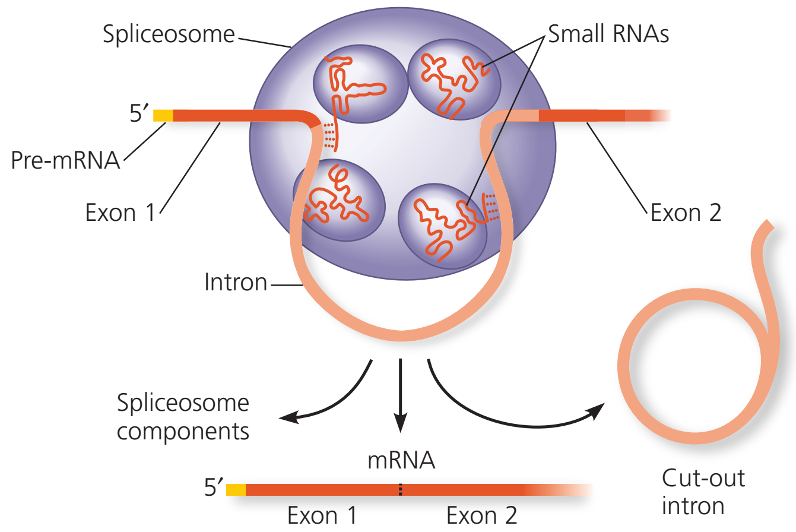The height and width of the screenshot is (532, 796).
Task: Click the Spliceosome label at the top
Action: [x=169, y=35]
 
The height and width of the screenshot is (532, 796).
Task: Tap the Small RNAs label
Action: [x=608, y=34]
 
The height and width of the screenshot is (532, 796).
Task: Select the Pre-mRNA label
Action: [x=65, y=160]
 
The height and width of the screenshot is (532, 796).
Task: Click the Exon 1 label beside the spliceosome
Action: [x=120, y=213]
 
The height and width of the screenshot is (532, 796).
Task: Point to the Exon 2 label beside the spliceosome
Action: [x=686, y=213]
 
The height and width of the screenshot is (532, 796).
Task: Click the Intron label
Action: [x=236, y=282]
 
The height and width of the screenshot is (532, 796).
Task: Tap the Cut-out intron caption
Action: [x=703, y=492]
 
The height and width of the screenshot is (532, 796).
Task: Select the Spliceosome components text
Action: [x=183, y=417]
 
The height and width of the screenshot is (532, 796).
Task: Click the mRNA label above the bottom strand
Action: [x=401, y=460]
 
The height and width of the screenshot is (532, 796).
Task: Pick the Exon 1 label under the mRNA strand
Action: [x=322, y=515]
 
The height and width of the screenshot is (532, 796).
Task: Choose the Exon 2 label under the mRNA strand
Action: [x=481, y=515]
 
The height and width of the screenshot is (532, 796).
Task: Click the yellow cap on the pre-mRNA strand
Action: [x=163, y=116]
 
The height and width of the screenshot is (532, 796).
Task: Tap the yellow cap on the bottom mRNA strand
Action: [x=236, y=489]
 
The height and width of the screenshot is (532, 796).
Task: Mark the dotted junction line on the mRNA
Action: [x=401, y=489]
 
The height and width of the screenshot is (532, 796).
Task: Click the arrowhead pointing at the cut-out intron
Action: [x=597, y=410]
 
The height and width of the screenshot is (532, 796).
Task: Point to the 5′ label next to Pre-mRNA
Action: [x=138, y=113]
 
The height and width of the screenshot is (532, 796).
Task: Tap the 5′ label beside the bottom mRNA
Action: [x=214, y=487]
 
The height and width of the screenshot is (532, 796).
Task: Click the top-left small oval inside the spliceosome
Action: [x=360, y=84]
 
